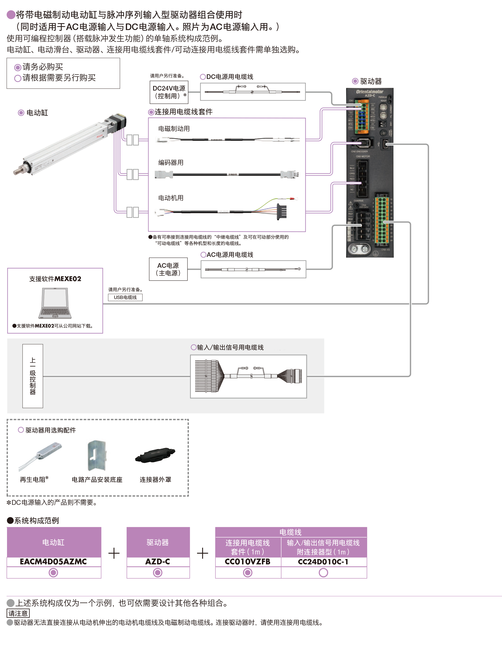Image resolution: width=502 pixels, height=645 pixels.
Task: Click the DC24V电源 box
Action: click(169, 92)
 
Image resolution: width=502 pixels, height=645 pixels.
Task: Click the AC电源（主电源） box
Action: click(168, 269)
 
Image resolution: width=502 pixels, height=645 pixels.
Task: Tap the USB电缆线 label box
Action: click(125, 297)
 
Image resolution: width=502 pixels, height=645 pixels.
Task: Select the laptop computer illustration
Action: click(55, 303)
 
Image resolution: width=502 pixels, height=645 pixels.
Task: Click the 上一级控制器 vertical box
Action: click(33, 376)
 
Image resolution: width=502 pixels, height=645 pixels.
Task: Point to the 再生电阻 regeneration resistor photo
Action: click(40, 455)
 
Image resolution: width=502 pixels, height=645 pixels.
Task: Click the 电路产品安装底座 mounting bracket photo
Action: click(97, 455)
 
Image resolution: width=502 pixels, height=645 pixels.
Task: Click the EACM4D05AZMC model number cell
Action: click(53, 562)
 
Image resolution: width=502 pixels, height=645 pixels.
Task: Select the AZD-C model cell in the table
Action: click(158, 562)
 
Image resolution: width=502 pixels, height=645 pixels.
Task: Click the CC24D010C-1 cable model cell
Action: click(323, 562)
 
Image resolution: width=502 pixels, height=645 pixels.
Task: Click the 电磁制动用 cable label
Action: click(174, 129)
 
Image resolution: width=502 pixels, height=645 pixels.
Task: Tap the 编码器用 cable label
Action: click(171, 163)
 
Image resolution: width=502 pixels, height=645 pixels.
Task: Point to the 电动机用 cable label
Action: click(171, 198)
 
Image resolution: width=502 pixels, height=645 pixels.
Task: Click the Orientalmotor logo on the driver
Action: click(369, 92)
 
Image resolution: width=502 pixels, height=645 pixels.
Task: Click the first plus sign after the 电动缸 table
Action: click(114, 553)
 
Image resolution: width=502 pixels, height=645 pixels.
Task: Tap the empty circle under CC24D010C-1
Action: click(323, 573)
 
